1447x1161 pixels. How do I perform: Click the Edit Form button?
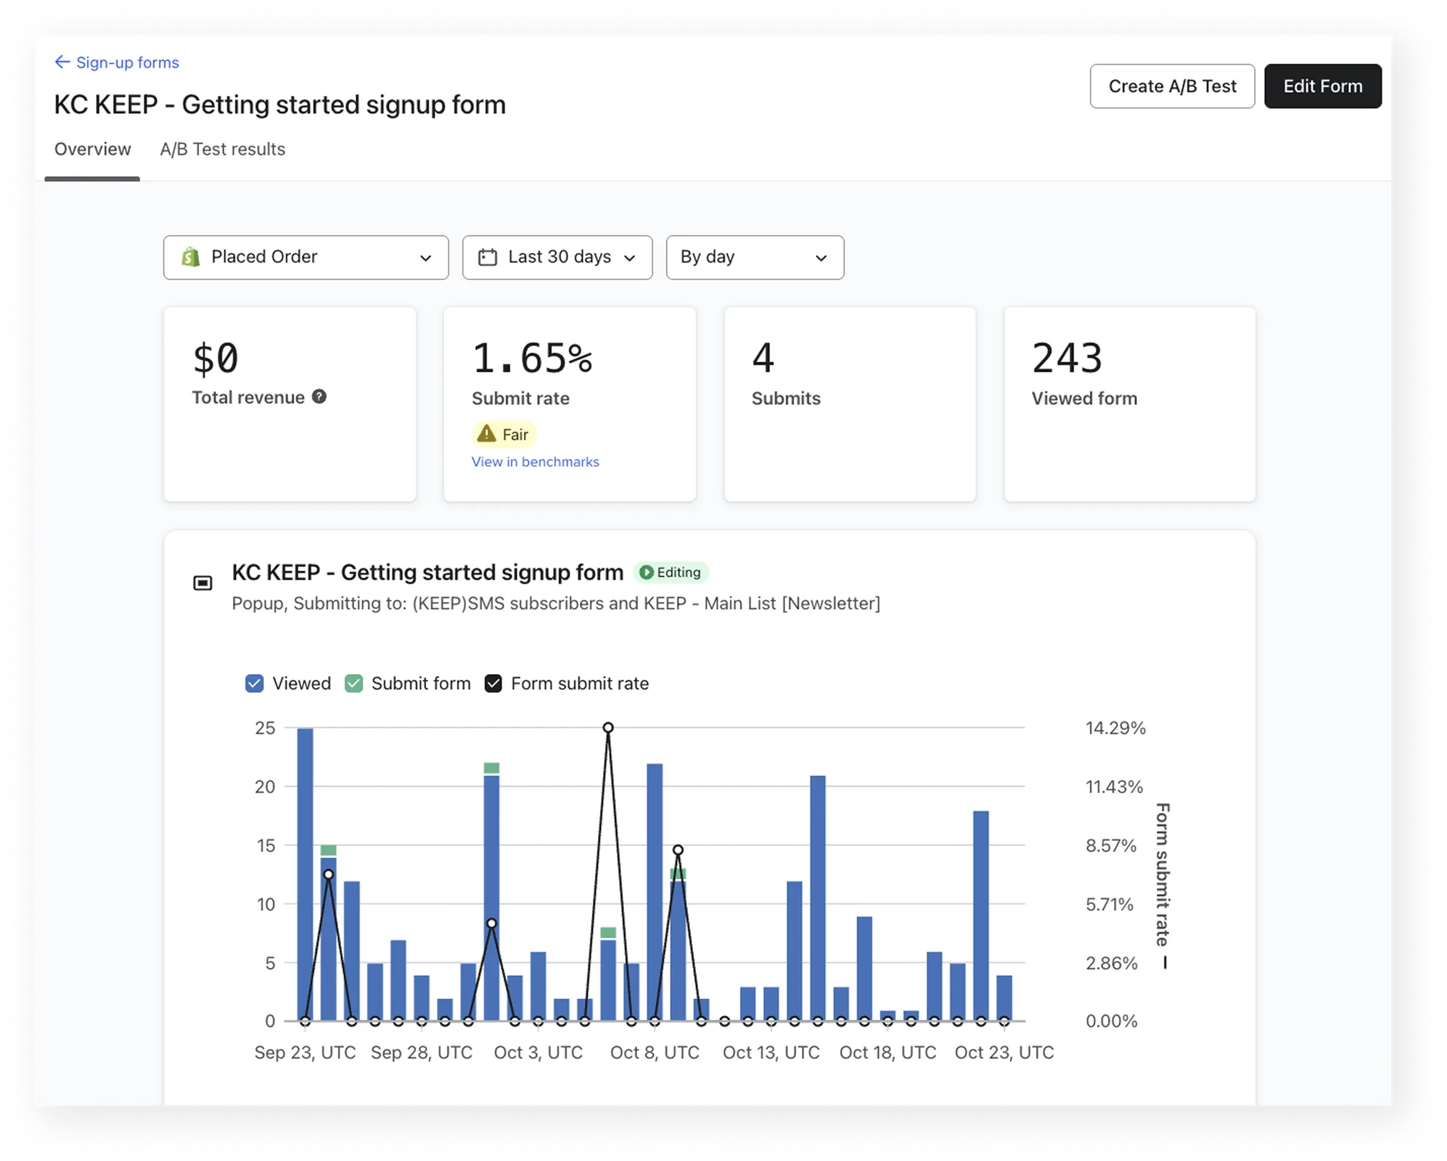tap(1322, 86)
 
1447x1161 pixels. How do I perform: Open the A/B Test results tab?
tap(222, 149)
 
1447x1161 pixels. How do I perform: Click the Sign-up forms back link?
tap(117, 62)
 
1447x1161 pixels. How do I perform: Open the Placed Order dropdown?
tap(306, 257)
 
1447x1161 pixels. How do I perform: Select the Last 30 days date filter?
tap(557, 257)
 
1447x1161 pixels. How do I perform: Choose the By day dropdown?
tap(755, 257)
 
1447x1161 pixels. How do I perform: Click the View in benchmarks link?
tap(535, 461)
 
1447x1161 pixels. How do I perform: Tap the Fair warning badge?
tap(504, 434)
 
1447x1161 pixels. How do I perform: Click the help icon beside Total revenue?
tap(319, 396)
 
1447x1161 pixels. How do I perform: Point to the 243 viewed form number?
tap(1067, 358)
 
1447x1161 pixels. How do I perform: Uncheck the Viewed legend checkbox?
tap(254, 684)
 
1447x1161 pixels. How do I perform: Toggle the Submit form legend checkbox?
tap(353, 684)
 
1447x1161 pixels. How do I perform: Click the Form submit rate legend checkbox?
tap(493, 684)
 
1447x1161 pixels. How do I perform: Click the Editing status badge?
tap(671, 573)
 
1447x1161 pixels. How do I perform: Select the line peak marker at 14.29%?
tap(608, 728)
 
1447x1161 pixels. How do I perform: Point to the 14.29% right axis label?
tap(1115, 728)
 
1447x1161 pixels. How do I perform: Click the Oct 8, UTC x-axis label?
tap(655, 1052)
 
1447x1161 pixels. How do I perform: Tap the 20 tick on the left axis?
tap(265, 787)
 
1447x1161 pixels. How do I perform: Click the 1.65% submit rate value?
tap(532, 358)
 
